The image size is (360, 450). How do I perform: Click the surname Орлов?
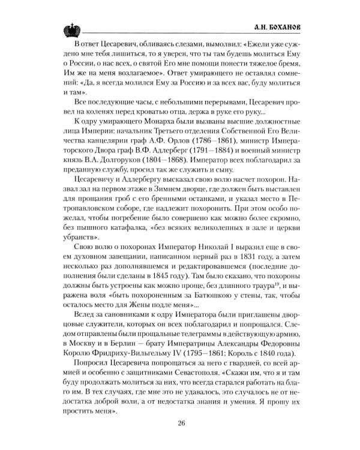(182, 143)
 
